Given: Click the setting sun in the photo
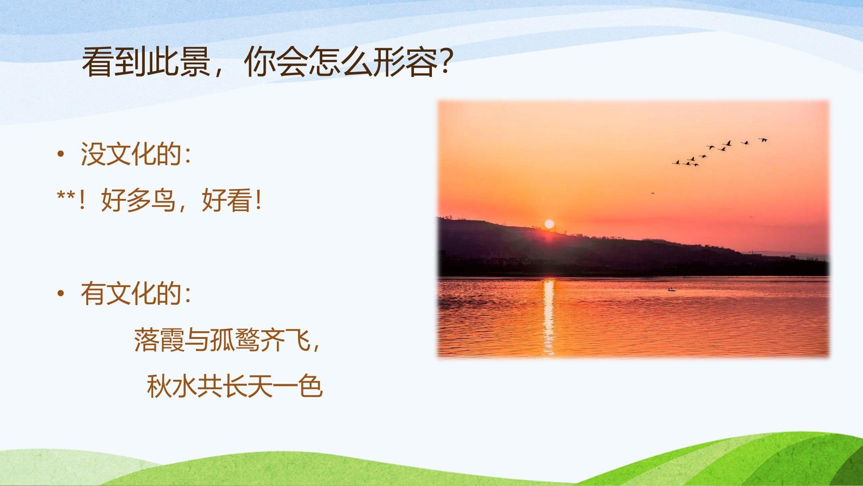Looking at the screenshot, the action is click(549, 224).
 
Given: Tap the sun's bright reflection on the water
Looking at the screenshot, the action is click(548, 317).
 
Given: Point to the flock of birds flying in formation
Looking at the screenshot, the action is click(720, 152).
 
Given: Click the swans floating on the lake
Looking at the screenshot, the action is click(672, 289).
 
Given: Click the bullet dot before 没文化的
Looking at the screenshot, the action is click(61, 154).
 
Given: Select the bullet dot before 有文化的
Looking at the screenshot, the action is click(61, 294).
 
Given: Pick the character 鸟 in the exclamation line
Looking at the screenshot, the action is click(163, 200).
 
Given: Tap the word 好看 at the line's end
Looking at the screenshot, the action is click(227, 200).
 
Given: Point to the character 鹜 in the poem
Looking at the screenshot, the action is click(247, 340).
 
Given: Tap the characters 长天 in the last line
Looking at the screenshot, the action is click(247, 386).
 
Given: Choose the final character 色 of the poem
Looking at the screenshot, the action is click(310, 386).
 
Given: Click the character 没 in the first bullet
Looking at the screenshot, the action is click(93, 154).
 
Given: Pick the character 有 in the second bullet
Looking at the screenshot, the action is click(93, 294).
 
